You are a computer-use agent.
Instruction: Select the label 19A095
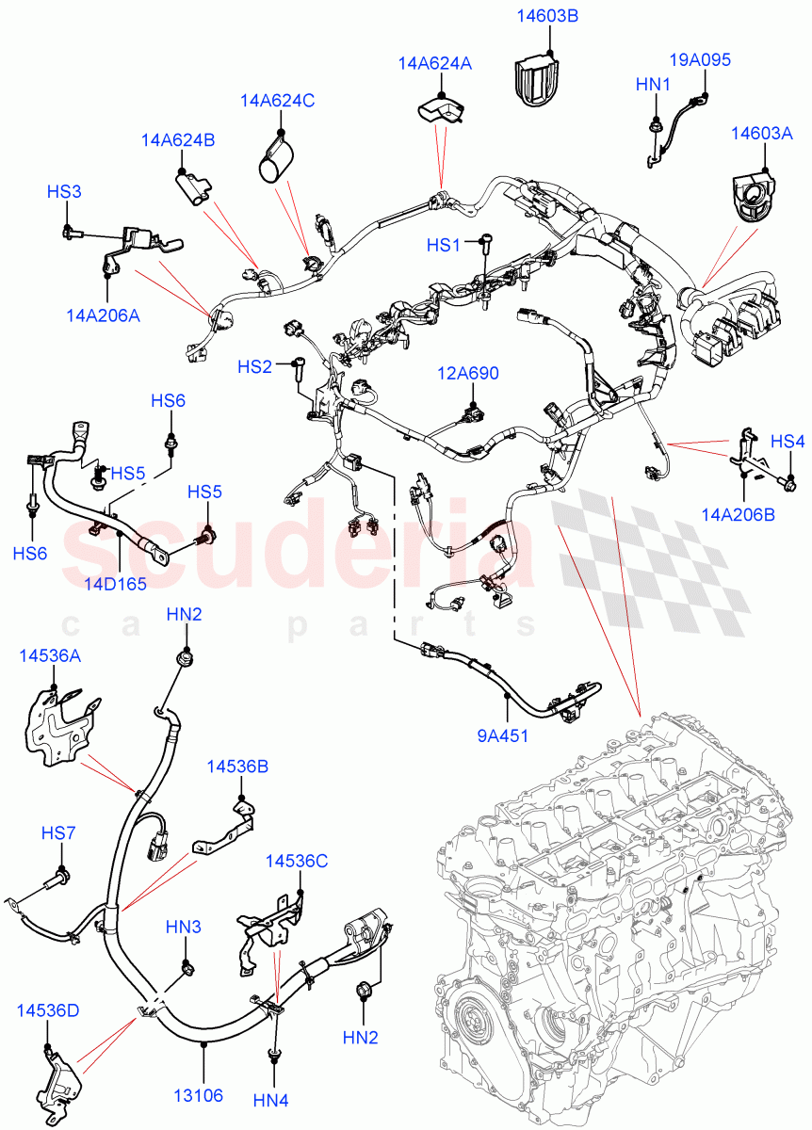point(700,60)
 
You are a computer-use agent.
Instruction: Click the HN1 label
point(652,85)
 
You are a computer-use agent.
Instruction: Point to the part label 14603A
point(761,134)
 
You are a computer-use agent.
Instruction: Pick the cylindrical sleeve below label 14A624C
point(276,157)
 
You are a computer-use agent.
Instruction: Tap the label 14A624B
point(178,140)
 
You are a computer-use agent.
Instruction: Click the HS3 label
point(64,191)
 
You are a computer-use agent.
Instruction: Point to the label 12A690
point(467,374)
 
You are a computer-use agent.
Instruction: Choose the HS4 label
point(788,441)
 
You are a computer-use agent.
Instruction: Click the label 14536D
point(47,1010)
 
